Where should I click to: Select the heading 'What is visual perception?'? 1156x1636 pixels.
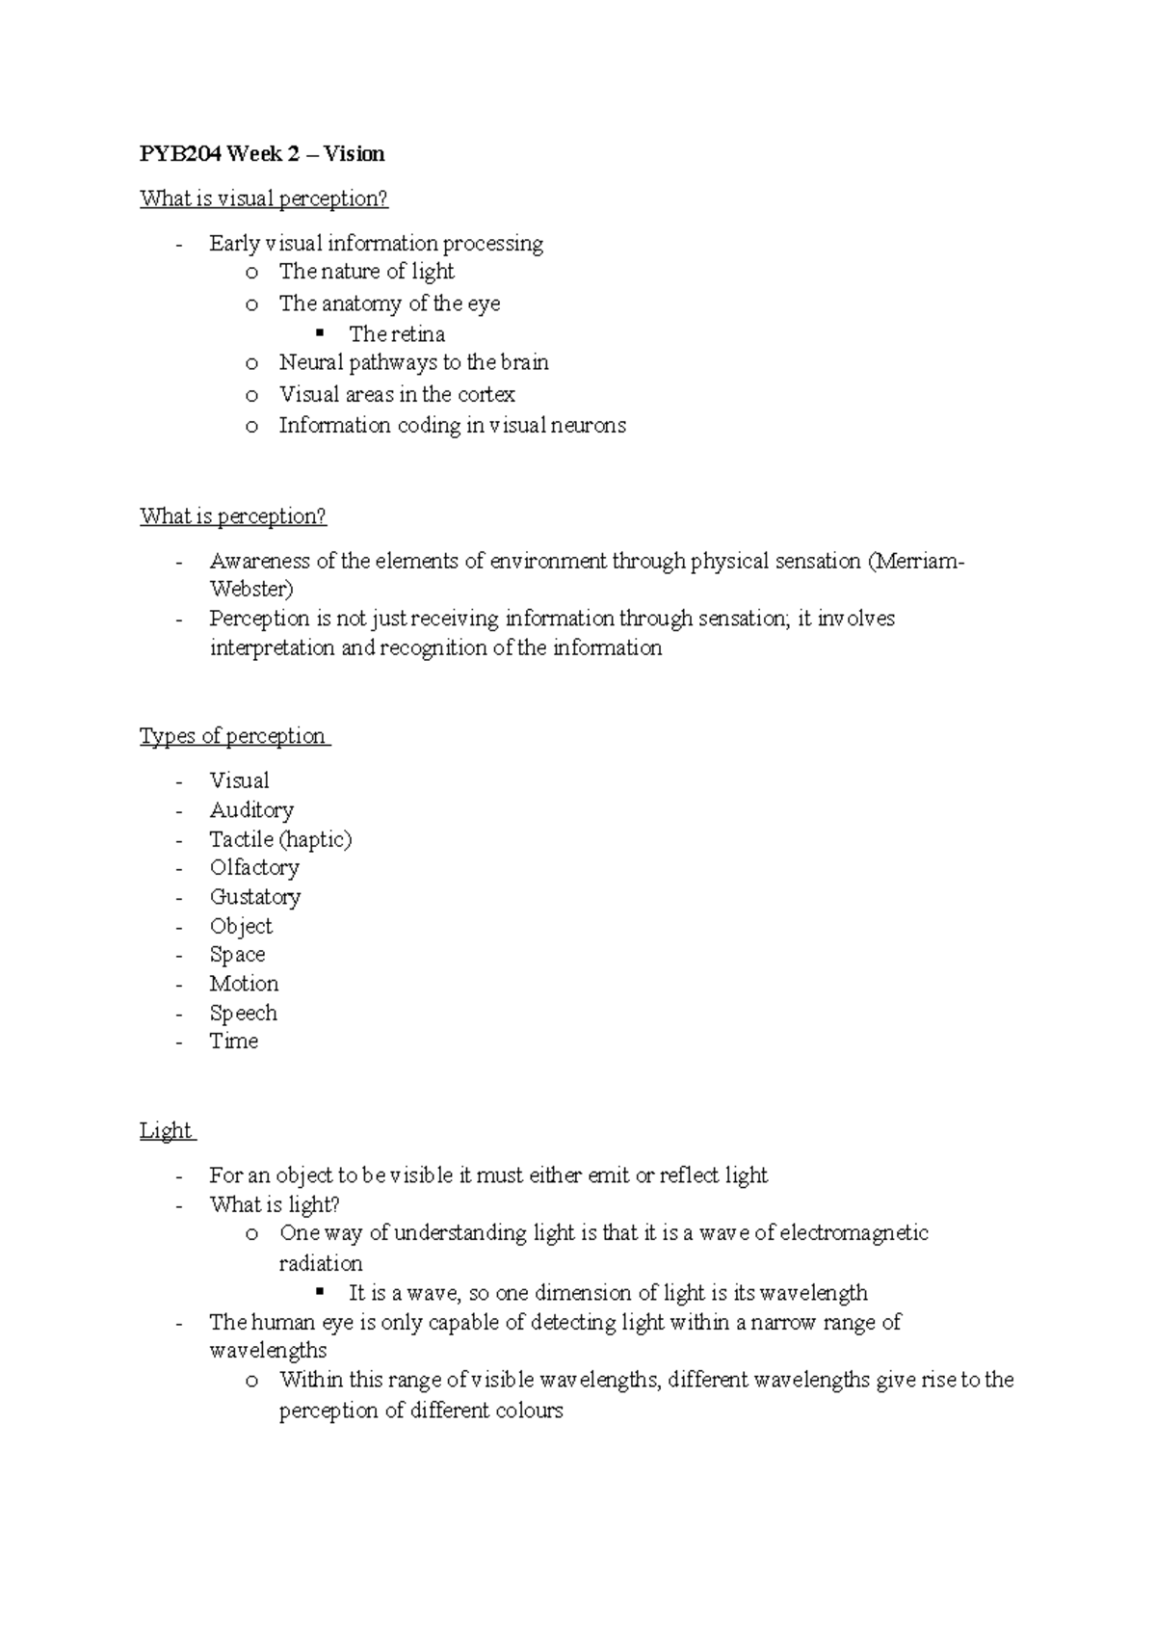263,198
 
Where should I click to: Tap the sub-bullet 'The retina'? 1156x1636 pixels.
396,334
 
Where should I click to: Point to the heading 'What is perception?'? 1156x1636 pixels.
233,516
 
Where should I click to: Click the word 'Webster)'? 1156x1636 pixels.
251,589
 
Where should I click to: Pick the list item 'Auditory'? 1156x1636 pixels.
251,810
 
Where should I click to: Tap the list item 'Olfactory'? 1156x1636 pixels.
254,868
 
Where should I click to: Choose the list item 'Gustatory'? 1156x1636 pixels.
255,897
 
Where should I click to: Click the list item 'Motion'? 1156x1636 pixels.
244,984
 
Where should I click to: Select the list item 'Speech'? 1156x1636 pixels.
243,1013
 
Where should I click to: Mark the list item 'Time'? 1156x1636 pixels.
234,1042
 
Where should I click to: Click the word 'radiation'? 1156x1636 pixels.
321,1263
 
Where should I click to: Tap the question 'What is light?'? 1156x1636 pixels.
275,1204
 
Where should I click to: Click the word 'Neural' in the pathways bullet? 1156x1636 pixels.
311,363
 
